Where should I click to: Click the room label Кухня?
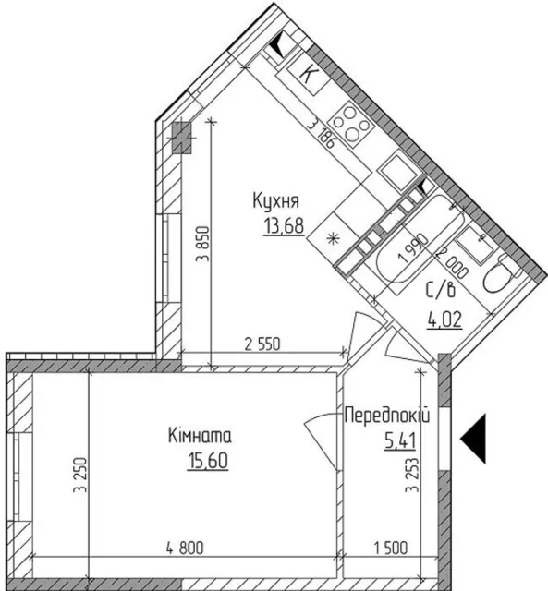pos(275,201)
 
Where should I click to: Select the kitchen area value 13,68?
pos(284,226)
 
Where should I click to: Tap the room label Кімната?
pos(200,436)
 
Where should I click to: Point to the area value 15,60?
pos(208,461)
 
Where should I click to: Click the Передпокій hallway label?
pos(387,416)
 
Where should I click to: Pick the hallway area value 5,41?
pos(400,440)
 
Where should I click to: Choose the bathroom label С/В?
pos(441,290)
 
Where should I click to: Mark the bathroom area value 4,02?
pos(444,320)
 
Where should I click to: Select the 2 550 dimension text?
pos(262,344)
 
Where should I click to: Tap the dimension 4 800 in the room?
pos(185,548)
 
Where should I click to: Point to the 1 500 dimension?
pos(391,548)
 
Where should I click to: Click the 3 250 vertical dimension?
pos(80,475)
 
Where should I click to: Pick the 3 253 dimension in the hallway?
pos(412,475)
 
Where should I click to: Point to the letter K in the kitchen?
pos(308,73)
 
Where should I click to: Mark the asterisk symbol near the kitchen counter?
pos(333,238)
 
